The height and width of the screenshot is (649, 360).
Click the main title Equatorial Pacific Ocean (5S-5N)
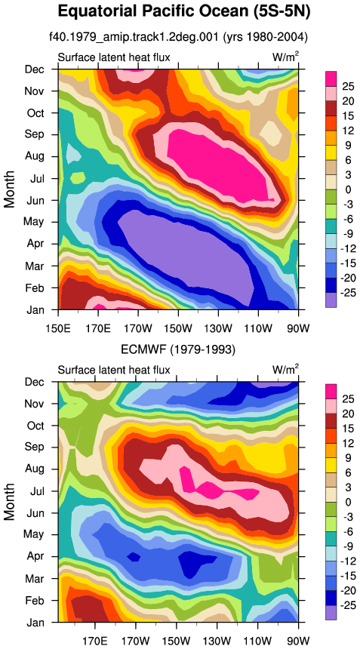[183, 11]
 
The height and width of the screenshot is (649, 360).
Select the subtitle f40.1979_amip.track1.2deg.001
[134, 38]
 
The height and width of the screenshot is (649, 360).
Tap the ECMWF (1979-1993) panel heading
[178, 350]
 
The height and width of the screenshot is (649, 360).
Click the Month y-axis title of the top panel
[10, 189]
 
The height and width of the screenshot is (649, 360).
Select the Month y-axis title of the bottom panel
[10, 502]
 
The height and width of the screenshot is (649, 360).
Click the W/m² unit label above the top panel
[285, 57]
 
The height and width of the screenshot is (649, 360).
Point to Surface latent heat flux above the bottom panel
[114, 369]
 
